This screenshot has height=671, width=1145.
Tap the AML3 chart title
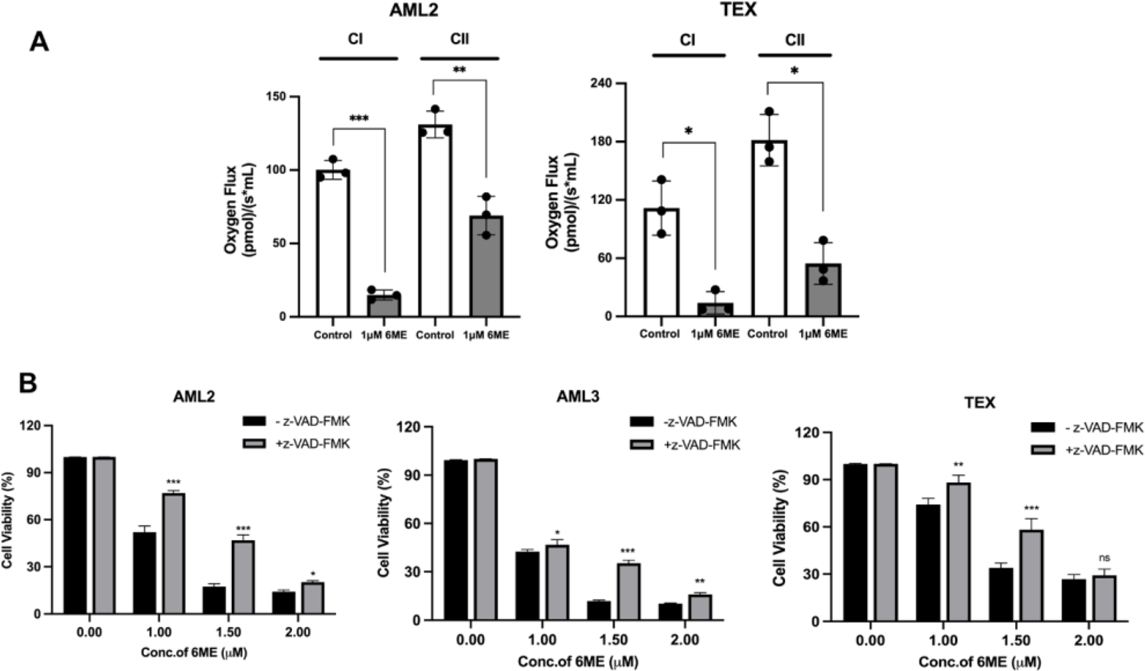pos(577,397)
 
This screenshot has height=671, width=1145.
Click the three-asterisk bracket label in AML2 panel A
pos(359,119)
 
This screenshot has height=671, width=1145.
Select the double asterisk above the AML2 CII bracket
pos(459,70)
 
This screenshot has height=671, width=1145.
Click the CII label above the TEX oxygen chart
pos(795,40)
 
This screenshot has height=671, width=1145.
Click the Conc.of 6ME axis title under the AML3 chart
pos(578,661)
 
